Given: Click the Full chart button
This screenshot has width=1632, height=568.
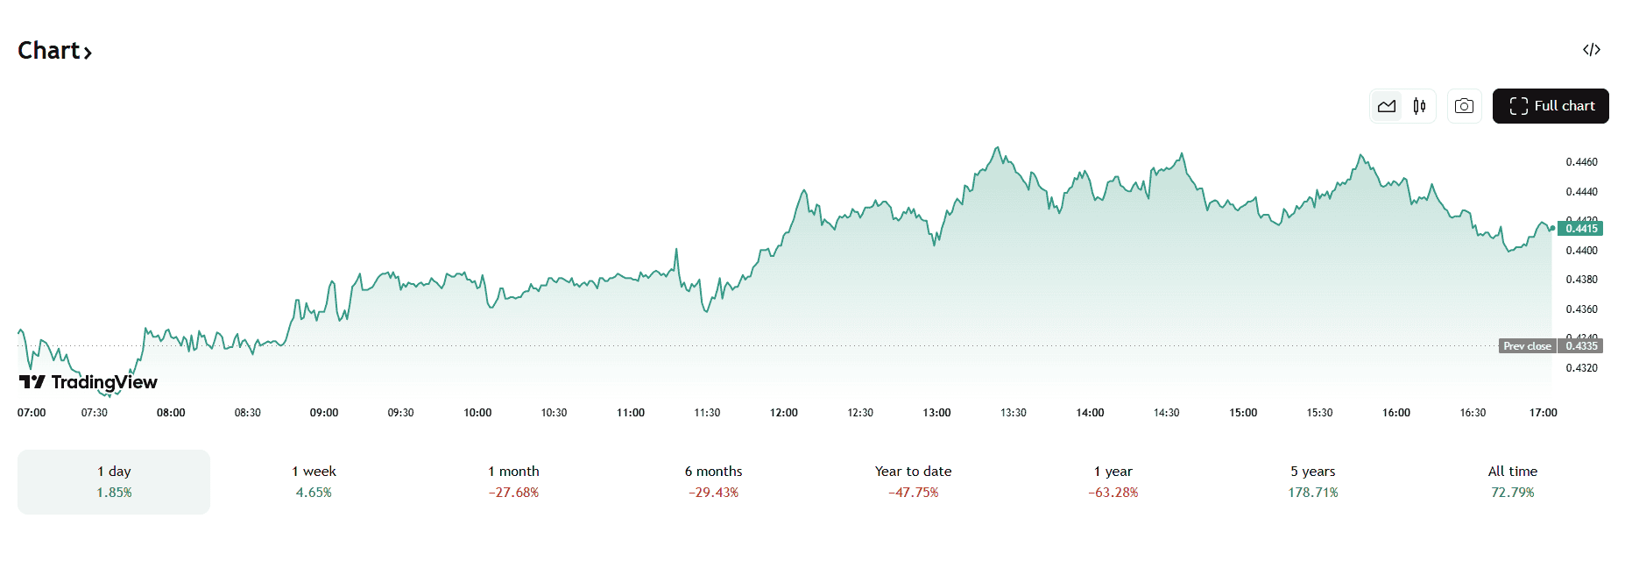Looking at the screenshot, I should point(1551,106).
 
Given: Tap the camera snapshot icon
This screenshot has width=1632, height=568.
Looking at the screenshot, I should point(1464,106).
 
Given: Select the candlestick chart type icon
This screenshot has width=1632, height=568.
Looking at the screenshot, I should point(1419,106).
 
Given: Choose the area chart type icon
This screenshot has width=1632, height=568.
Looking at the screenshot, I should point(1387,106).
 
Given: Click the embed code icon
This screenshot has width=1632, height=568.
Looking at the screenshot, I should point(1592,50).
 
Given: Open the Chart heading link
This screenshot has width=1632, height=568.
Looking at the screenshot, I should point(54,51).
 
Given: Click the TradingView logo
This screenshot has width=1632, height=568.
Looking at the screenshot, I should point(88,382).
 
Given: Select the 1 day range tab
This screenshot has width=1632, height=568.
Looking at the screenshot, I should point(114,482).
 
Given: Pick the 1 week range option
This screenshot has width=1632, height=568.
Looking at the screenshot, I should point(314,482).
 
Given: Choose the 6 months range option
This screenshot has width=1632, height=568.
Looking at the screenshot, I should point(713,482).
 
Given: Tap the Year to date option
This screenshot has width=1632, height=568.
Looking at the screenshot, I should point(913,482).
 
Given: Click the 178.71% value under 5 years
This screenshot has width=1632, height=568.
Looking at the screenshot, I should point(1312,493).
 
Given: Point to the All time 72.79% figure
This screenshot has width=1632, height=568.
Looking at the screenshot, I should point(1512,493).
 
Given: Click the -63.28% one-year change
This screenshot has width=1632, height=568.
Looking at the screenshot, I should point(1113,493).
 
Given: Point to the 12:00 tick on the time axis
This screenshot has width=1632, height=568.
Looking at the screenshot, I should point(784,413).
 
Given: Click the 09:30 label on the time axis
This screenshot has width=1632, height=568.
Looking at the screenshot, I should point(400,413).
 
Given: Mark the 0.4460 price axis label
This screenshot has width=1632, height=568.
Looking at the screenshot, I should point(1581,162).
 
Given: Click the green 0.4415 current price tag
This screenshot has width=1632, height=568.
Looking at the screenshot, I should point(1581,229).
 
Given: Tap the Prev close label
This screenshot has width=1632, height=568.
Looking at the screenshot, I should point(1527,346).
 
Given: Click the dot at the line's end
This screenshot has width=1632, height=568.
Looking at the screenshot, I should point(1552,229).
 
